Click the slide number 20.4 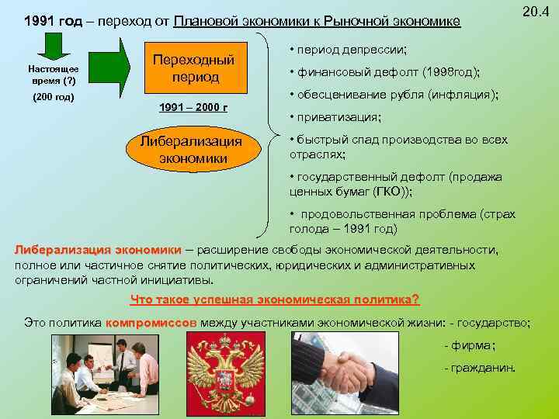(535, 12)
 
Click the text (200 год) (52, 97)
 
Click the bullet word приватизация (338, 118)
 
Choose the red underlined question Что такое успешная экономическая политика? (275, 300)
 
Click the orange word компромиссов (152, 321)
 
